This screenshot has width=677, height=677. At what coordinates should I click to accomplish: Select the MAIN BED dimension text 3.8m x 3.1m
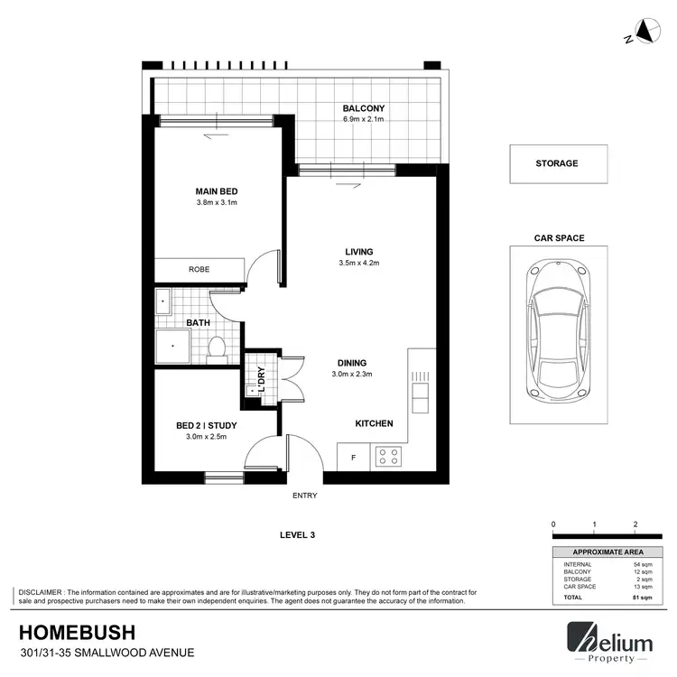(216, 203)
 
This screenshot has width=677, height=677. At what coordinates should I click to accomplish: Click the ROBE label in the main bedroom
(199, 269)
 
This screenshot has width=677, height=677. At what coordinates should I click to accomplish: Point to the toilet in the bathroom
(217, 348)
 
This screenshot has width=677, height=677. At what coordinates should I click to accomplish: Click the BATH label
(199, 322)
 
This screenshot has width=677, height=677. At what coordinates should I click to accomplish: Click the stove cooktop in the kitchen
(388, 457)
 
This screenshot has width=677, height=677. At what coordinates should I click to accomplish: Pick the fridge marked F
(353, 458)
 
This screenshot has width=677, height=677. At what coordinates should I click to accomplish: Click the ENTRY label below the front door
(304, 496)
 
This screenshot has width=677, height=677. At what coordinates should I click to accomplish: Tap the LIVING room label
(358, 252)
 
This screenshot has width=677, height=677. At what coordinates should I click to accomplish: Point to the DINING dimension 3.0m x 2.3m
(351, 373)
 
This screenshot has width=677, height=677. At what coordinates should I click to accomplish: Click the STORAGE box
(557, 163)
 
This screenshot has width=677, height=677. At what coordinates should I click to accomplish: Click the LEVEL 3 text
(297, 535)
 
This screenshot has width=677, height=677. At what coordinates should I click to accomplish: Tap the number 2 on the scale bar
(635, 524)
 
